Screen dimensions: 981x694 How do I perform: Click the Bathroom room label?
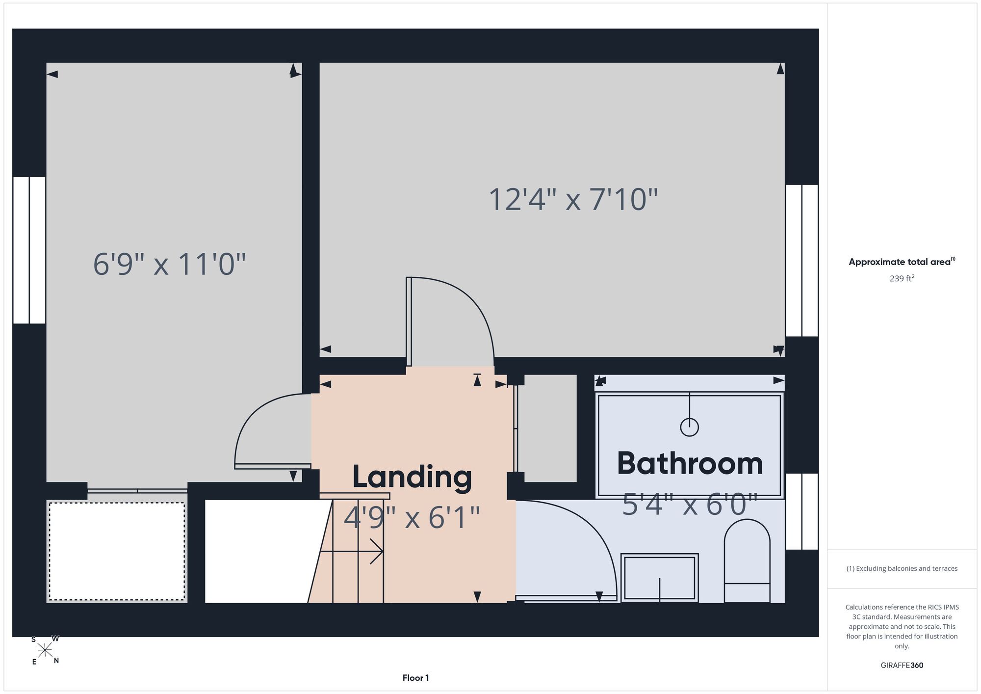[x=690, y=463]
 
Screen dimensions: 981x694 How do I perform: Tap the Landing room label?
[x=412, y=477]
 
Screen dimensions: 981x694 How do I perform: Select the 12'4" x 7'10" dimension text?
[x=573, y=200]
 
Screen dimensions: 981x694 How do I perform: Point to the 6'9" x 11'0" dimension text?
[x=169, y=264]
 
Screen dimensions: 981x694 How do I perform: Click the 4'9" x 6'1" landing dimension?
[x=412, y=517]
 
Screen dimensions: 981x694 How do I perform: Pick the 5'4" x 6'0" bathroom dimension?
[x=690, y=505]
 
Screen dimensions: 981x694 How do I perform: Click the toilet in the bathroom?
[x=747, y=561]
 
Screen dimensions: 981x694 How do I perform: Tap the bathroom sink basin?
[x=660, y=578]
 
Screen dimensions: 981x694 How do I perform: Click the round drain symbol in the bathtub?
[x=689, y=427]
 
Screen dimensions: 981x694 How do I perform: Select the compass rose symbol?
[x=45, y=650]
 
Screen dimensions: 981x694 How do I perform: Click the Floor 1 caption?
[x=415, y=678]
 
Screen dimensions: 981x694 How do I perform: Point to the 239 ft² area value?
[x=902, y=278]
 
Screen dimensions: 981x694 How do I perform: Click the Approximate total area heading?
[x=902, y=262]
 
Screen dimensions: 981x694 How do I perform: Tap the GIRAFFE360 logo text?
[x=902, y=666]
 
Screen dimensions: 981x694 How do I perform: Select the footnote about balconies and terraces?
[x=902, y=568]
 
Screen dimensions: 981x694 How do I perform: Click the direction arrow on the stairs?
[x=351, y=551]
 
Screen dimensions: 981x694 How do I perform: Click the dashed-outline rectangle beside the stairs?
[x=117, y=551]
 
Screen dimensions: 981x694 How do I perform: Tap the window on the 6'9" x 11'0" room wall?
[x=29, y=250]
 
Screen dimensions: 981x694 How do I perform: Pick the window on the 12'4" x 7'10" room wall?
[x=802, y=261]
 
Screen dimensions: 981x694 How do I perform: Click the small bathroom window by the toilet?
[x=802, y=511]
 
